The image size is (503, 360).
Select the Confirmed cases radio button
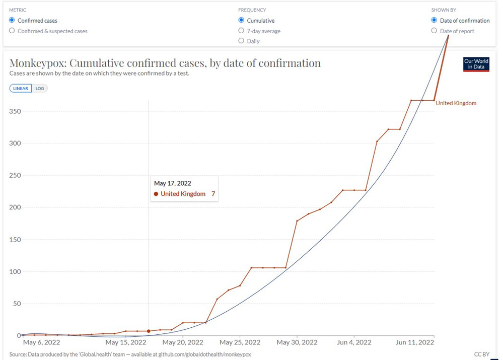(x=12, y=21)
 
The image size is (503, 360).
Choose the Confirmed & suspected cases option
(x=12, y=31)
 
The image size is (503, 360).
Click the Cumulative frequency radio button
(x=241, y=21)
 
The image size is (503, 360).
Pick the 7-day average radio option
(x=241, y=31)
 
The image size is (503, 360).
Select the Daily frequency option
(x=241, y=41)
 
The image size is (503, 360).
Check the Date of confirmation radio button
(x=434, y=21)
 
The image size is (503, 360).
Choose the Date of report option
(x=434, y=31)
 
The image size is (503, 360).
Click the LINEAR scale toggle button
(x=21, y=88)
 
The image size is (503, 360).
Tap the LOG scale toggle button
(x=40, y=88)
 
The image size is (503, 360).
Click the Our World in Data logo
(x=476, y=64)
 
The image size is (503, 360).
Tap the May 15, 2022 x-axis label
(x=126, y=342)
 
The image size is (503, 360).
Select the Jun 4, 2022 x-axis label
(x=354, y=342)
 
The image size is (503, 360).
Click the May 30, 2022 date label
(x=297, y=342)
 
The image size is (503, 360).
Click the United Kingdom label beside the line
(x=456, y=103)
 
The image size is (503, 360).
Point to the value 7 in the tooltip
(x=213, y=194)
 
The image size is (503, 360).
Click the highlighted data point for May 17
(x=149, y=331)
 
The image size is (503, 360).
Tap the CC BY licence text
(x=481, y=354)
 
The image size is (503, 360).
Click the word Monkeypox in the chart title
(x=37, y=63)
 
